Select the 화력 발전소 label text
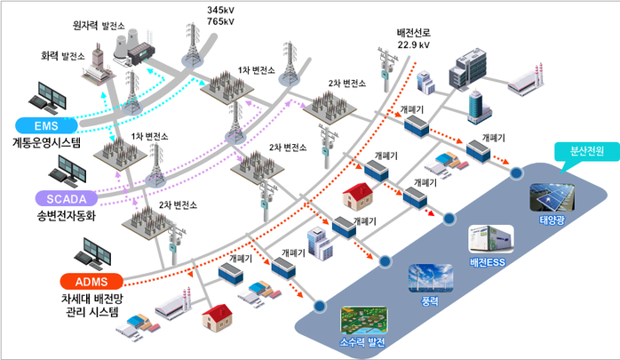(x=63, y=55)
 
